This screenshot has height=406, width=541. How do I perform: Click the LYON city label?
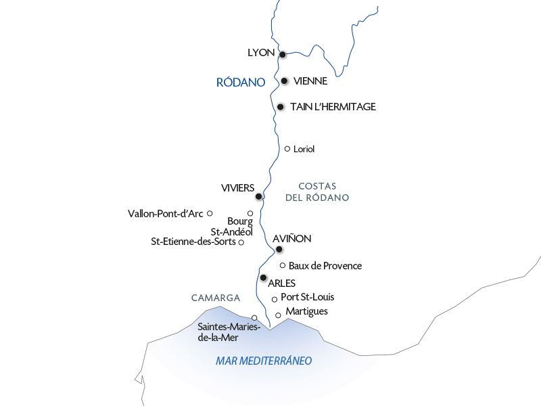[x=261, y=53]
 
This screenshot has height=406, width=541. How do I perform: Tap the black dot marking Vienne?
[x=285, y=81]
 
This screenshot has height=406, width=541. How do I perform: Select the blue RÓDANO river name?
[x=240, y=83]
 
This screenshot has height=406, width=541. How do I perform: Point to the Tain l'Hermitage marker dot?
[x=280, y=107]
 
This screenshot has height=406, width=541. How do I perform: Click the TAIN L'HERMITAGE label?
[x=333, y=107]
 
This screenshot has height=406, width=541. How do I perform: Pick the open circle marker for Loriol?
[x=287, y=149]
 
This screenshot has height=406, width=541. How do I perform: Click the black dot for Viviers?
[x=259, y=197]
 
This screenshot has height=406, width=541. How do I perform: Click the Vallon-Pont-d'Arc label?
[x=166, y=214]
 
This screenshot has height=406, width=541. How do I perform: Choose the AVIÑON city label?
[x=291, y=239]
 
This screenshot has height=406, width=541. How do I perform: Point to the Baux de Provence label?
[x=325, y=266]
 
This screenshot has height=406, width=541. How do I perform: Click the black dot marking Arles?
[x=263, y=277]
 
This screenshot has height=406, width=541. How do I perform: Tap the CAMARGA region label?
[x=216, y=298]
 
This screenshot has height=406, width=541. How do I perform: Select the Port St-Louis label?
[x=307, y=297]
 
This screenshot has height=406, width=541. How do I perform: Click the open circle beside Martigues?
[x=278, y=315]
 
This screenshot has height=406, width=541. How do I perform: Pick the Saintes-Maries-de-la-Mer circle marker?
[x=254, y=317]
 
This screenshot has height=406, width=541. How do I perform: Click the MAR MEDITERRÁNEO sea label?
[x=264, y=361]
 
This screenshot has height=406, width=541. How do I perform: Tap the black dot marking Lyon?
[x=283, y=55]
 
